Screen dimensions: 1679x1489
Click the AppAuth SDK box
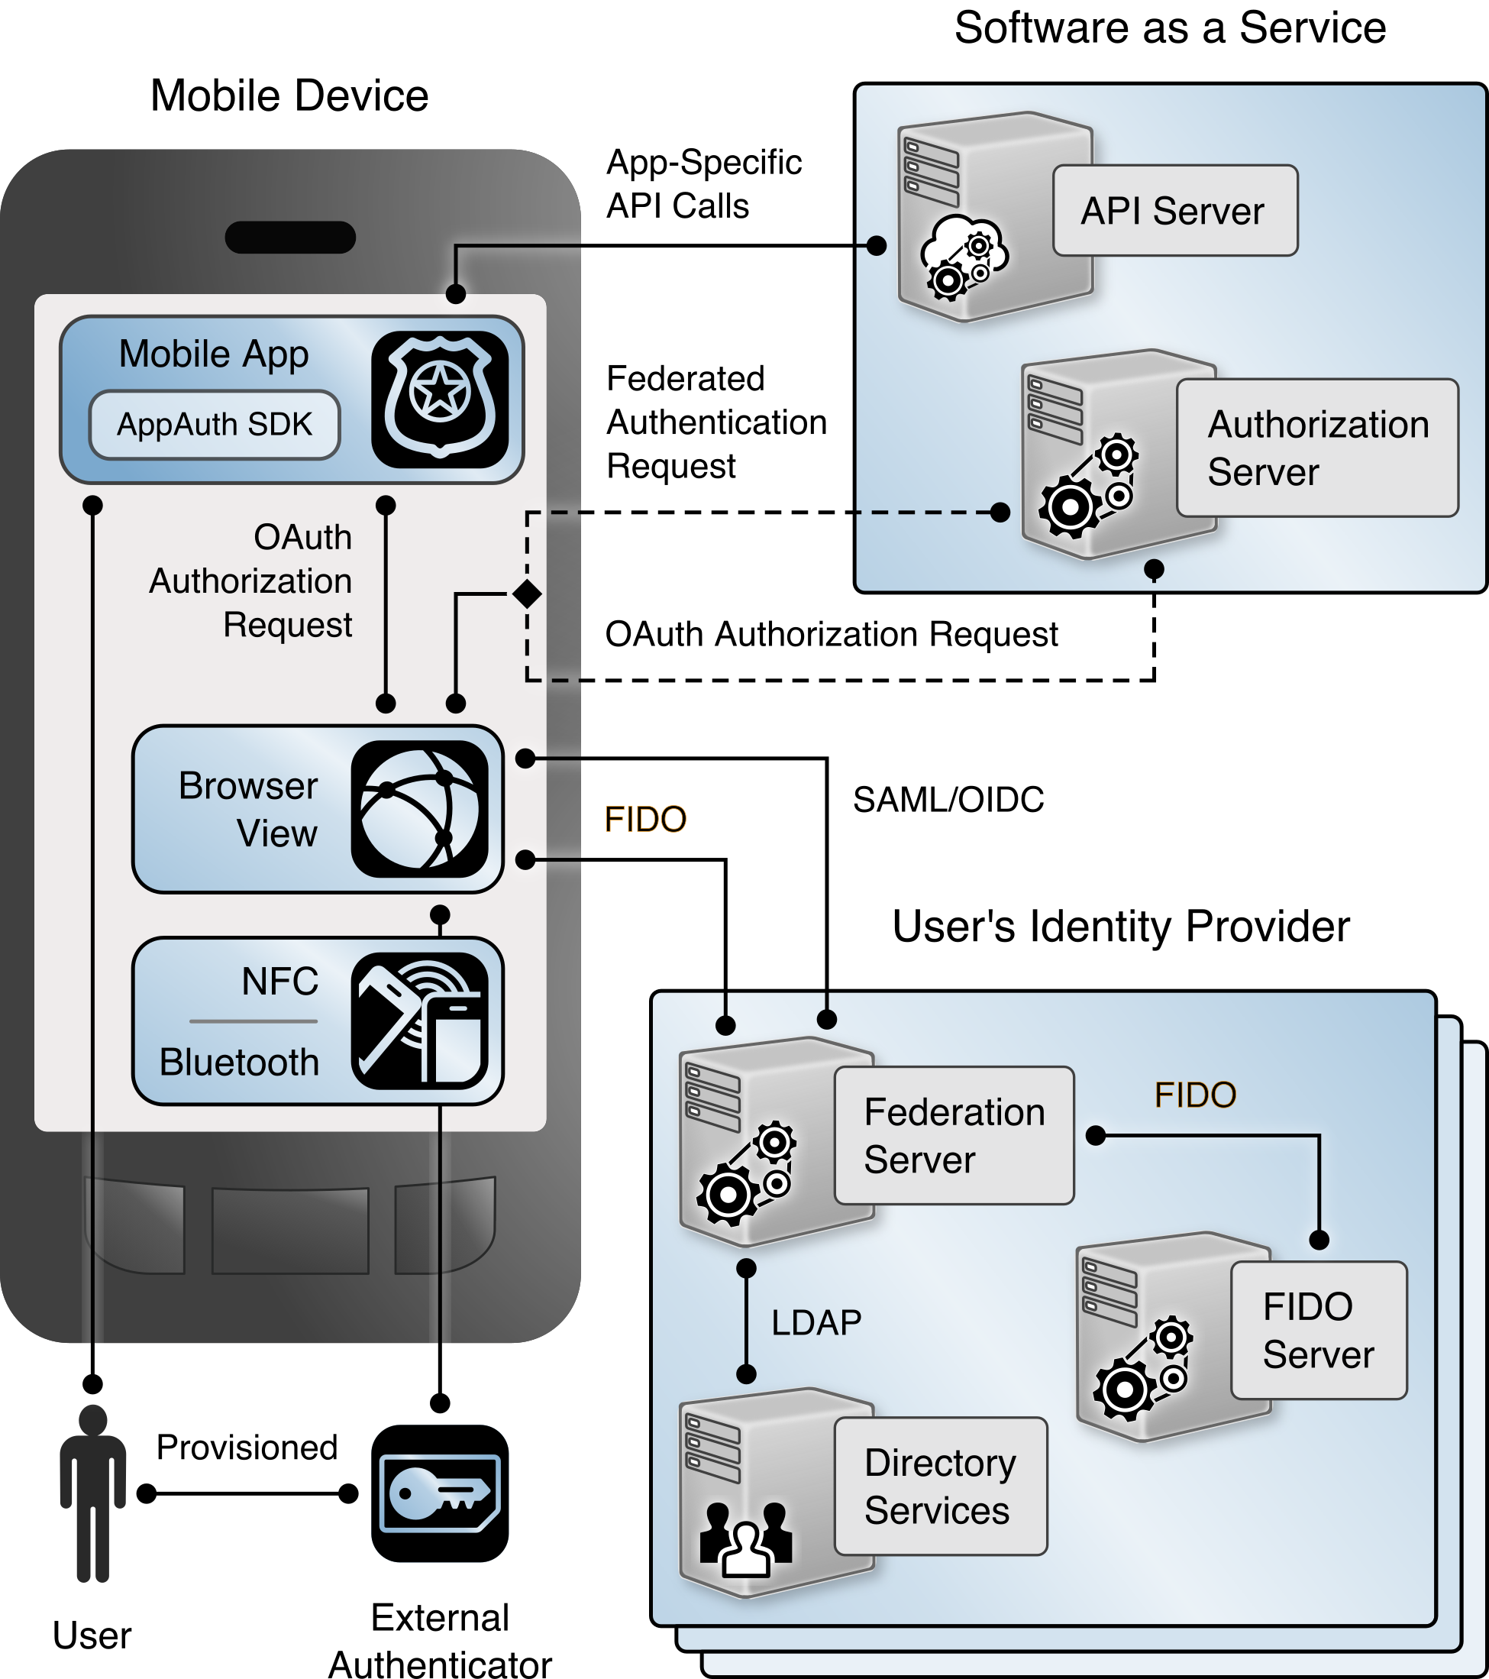click(x=215, y=425)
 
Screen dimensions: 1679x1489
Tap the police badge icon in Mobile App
click(x=441, y=400)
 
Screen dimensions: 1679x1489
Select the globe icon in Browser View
click(x=420, y=809)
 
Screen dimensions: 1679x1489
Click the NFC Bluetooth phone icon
click(x=420, y=1021)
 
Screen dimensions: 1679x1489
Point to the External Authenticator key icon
click(x=441, y=1493)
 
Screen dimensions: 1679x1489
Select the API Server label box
click(x=1174, y=211)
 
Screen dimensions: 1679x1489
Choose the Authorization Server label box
click(x=1316, y=448)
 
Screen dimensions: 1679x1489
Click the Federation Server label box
click(x=954, y=1135)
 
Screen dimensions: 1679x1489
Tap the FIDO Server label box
click(x=1318, y=1330)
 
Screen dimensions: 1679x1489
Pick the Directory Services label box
click(x=941, y=1486)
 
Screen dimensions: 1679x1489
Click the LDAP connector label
click(x=816, y=1322)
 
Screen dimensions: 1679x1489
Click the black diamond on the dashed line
click(x=526, y=593)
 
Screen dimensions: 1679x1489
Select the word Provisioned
click(x=247, y=1448)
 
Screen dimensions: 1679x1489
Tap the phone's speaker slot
click(x=290, y=238)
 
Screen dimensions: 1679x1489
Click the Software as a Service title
click(x=1170, y=28)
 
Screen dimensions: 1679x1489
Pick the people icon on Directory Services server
click(x=746, y=1537)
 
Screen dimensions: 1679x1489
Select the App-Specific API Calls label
click(x=703, y=184)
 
